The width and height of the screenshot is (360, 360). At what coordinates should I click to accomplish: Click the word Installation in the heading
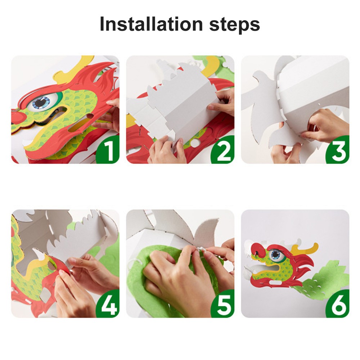point(151,24)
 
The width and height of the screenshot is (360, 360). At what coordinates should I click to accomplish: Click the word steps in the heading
point(234,25)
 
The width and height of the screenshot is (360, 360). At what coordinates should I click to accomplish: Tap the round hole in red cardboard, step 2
point(195,144)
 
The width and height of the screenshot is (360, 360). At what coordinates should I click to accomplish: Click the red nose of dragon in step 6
point(258,251)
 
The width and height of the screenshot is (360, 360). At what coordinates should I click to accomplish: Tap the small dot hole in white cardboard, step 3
point(319,104)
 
